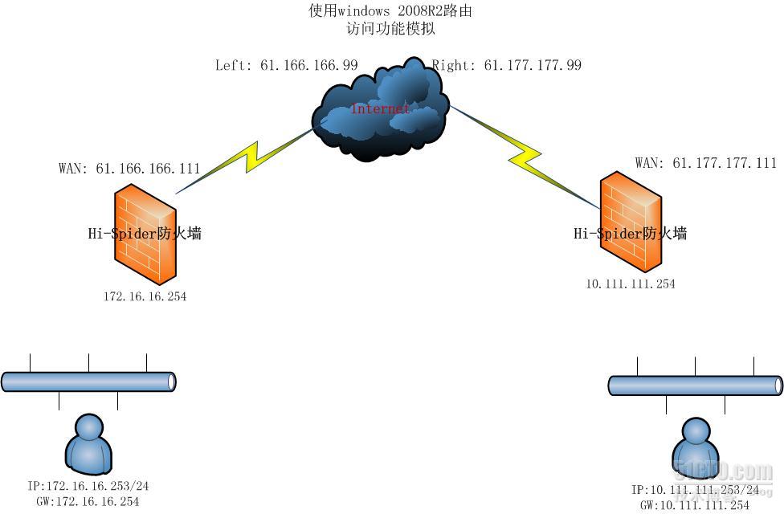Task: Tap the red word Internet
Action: [381, 108]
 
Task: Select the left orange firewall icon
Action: [145, 233]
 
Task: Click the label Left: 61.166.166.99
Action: [286, 65]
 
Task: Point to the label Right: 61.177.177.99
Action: [507, 65]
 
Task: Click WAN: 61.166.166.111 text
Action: [129, 169]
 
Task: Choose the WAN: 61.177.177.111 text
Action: [705, 163]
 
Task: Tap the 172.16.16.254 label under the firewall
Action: [145, 296]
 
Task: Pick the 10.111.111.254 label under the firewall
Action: [631, 284]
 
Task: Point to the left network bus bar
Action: [88, 381]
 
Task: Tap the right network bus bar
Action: [696, 385]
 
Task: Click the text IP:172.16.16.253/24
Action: [88, 487]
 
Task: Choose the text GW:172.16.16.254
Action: [88, 501]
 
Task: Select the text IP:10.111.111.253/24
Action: [696, 490]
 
